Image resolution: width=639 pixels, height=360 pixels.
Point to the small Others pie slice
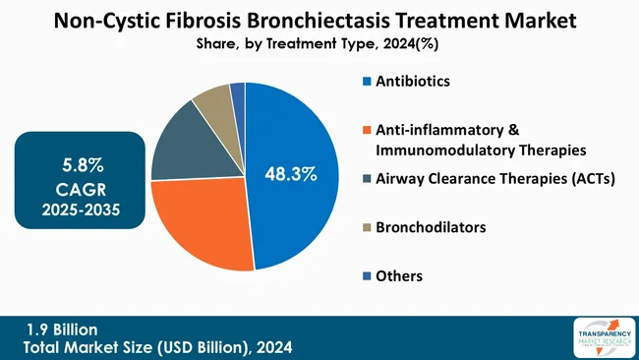[x=237, y=92]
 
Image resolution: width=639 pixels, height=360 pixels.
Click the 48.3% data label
[x=291, y=175]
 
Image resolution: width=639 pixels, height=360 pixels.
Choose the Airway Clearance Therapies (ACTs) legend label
[x=488, y=178]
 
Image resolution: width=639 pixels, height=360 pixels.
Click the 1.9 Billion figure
[x=61, y=330]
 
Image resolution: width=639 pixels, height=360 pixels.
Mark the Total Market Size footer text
[x=157, y=347]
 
